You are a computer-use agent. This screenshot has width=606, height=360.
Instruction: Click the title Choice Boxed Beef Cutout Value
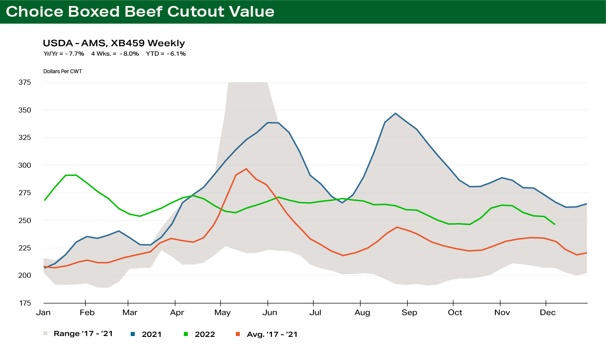pos(140,12)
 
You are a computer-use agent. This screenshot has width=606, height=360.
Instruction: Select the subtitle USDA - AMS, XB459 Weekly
pos(114,43)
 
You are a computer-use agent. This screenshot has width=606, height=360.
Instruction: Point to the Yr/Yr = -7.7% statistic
pos(64,54)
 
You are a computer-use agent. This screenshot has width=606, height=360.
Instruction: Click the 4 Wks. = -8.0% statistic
pos(115,54)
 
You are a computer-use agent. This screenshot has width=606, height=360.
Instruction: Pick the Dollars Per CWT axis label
pos(63,71)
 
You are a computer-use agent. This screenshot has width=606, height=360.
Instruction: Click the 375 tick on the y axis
pos(25,82)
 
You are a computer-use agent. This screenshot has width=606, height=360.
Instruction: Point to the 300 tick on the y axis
pos(25,165)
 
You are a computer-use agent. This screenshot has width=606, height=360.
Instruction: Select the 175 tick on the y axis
pos(25,303)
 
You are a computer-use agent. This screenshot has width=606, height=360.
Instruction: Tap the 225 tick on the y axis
pos(25,248)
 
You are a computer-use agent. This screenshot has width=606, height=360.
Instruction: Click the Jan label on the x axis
pos(43,312)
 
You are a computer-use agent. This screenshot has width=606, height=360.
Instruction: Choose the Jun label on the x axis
pos(270,312)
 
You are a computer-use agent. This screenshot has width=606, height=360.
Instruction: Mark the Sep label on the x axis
pos(409,312)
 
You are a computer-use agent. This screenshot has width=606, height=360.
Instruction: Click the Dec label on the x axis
pos(547,312)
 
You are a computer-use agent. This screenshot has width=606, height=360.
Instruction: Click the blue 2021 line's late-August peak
pos(395,113)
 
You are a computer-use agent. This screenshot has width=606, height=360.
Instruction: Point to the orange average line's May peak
pos(246,169)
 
